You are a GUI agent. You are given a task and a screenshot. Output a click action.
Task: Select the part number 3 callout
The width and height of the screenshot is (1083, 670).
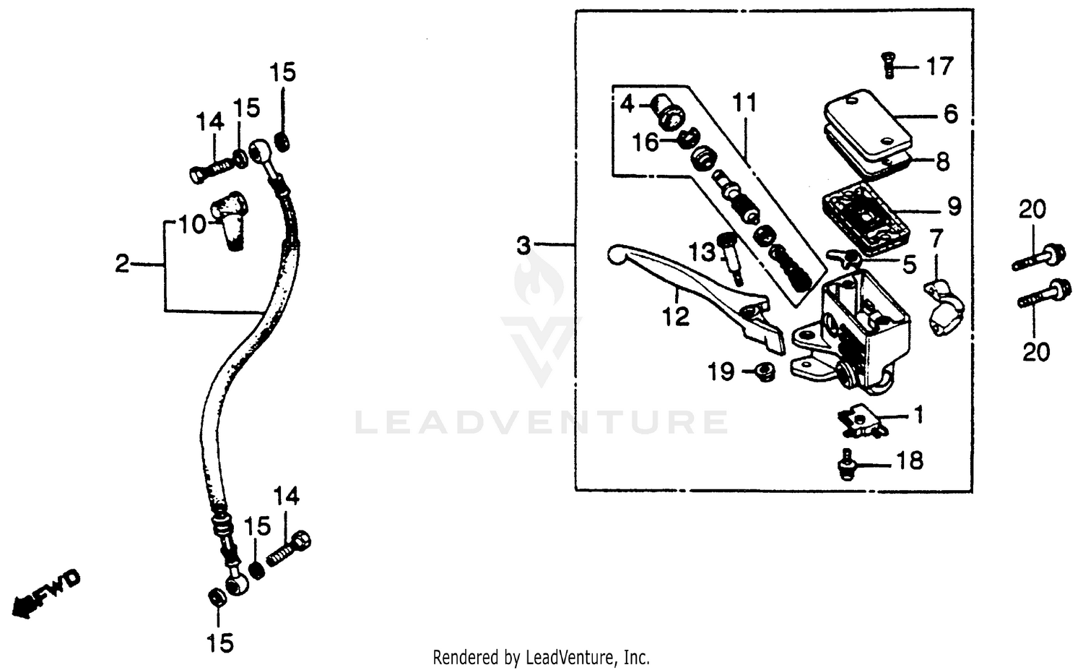pyautogui.click(x=523, y=246)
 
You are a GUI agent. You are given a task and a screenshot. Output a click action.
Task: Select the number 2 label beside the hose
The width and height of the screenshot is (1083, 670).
pyautogui.click(x=122, y=264)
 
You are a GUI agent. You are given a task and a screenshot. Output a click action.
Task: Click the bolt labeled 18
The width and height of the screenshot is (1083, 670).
pyautogui.click(x=847, y=463)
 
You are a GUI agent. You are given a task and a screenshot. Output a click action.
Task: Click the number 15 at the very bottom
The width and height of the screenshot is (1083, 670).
pyautogui.click(x=220, y=643)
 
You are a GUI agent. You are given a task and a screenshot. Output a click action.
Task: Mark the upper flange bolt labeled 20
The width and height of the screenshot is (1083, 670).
pyautogui.click(x=1040, y=258)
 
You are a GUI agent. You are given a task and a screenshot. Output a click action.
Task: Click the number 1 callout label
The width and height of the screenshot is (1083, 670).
pyautogui.click(x=918, y=416)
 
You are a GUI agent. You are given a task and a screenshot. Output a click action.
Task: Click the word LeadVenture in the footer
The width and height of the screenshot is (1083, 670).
pyautogui.click(x=563, y=658)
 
